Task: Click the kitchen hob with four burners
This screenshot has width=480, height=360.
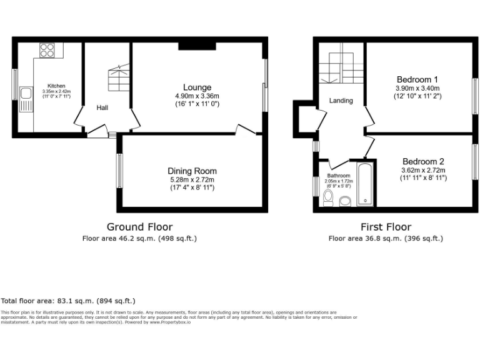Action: coord(47,51)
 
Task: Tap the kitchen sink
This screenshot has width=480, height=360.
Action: coord(26,95)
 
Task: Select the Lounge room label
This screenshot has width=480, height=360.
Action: coord(197,87)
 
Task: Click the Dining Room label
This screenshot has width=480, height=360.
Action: coord(192,171)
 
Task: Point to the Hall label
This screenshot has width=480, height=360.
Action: coord(102,108)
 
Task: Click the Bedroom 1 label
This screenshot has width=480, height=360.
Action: coord(417,79)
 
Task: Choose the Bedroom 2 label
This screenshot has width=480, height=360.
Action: coord(423,160)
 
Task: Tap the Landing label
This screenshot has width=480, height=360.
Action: coord(341,101)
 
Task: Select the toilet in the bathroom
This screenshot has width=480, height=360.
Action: coord(329,197)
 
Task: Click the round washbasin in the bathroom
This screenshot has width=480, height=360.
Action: coord(345,201)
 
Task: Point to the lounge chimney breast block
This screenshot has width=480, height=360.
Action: coord(197,45)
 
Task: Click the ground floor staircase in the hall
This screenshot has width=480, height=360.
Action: coord(118,78)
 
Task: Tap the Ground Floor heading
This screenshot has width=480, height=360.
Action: coord(140,227)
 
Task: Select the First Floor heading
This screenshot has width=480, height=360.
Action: coord(386,227)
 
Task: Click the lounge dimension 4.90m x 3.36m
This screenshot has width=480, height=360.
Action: coord(197,96)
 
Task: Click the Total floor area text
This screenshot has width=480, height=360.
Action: coord(68,301)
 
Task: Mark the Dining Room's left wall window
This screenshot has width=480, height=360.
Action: coord(119,170)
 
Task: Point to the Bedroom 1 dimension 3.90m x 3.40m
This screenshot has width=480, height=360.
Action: coord(417,89)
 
